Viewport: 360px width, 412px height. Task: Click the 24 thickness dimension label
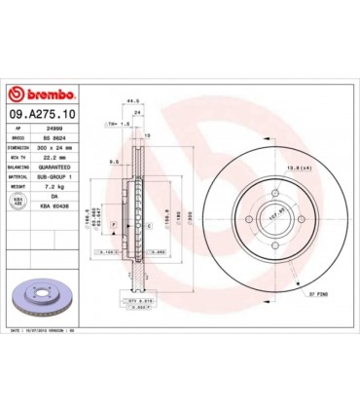coord(137,112)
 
